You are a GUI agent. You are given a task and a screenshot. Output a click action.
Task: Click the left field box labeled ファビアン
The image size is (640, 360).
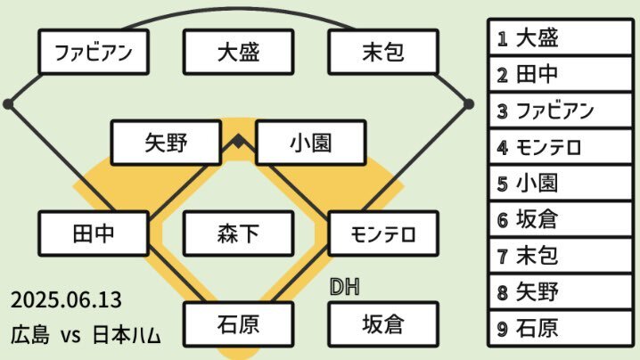click(94, 52)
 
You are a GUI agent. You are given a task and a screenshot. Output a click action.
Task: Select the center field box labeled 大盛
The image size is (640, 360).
click(238, 52)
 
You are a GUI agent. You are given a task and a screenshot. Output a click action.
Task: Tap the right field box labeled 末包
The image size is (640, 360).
click(383, 52)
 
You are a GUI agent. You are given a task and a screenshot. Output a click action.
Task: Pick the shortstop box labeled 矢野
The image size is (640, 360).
click(166, 143)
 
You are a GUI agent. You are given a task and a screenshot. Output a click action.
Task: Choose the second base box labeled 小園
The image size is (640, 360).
click(310, 143)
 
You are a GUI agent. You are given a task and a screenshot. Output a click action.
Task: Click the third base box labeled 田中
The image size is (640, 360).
click(94, 233)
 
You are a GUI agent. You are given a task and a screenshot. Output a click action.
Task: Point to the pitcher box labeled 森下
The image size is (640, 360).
click(238, 233)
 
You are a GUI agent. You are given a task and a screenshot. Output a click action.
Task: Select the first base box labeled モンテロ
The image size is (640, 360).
click(383, 233)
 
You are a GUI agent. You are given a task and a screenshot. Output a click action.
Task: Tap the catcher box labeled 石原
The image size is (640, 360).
click(238, 324)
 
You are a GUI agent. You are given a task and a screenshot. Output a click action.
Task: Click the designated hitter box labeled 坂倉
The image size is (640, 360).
click(383, 324)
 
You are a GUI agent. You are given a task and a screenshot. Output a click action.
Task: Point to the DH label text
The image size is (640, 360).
click(344, 287)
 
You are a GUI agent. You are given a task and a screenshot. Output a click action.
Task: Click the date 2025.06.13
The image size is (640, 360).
click(66, 300)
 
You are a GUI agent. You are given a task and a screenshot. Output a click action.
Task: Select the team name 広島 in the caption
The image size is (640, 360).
click(30, 335)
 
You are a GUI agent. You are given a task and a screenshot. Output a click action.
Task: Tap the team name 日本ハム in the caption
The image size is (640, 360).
click(127, 335)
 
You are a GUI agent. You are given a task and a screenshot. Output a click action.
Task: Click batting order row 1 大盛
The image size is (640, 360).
click(560, 37)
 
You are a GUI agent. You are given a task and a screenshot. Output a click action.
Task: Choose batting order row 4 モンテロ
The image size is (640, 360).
click(560, 147)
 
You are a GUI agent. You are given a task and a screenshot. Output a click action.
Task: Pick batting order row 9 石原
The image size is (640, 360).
click(560, 328)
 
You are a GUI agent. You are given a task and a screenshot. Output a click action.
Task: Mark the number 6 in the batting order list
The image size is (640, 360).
click(503, 220)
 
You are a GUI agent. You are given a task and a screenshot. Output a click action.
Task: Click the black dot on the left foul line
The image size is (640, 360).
click(8, 104)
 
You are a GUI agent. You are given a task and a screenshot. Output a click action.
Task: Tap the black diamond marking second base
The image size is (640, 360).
click(238, 142)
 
